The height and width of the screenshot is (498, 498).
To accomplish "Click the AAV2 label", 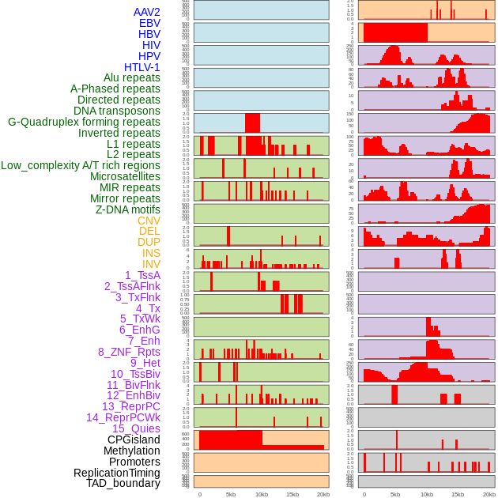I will tap(147, 12).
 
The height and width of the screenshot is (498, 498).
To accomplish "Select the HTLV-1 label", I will tap(142, 67).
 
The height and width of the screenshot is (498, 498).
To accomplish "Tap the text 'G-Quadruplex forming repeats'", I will tap(84, 122).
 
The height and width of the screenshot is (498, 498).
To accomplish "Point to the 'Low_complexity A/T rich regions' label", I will tap(81, 165).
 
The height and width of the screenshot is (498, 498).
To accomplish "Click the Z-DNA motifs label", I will tap(128, 209).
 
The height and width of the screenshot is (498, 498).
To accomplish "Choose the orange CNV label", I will tap(149, 221).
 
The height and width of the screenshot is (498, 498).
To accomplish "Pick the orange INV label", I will tap(151, 264).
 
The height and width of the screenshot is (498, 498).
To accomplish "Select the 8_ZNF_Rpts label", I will tap(129, 352).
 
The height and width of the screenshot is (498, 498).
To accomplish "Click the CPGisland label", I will tap(134, 440).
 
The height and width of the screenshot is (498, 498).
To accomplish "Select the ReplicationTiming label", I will tap(116, 473).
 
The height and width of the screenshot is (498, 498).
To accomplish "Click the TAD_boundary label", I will tap(123, 483).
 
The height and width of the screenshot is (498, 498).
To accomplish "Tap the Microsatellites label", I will tap(125, 176).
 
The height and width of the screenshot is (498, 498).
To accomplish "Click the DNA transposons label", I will tap(117, 111).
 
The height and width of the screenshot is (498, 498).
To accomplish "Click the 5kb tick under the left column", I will tap(231, 494).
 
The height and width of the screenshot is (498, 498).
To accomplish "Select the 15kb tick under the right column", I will tap(458, 494).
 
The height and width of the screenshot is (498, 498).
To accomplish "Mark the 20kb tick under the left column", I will tap(323, 494).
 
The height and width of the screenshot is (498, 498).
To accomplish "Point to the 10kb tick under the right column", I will tap(427, 494).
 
